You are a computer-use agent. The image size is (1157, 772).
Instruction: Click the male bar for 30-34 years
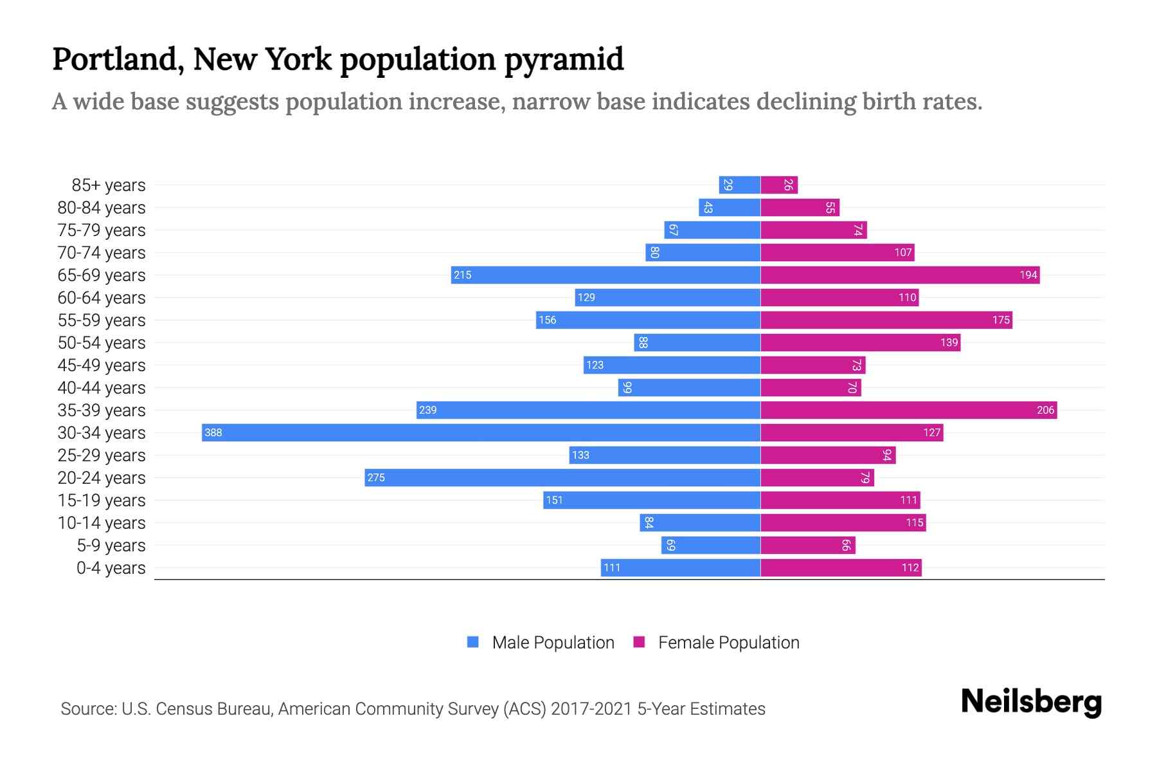tap(481, 432)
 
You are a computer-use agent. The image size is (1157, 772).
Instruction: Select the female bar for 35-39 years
tap(908, 410)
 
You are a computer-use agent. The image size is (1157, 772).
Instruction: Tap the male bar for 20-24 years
tap(562, 477)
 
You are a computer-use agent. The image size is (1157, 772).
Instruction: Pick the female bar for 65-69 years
tap(900, 275)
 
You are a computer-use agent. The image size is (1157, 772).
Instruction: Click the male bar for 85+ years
tap(739, 185)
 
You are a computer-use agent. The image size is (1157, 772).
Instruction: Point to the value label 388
tap(213, 433)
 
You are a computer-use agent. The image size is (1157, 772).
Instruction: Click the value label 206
tap(1045, 410)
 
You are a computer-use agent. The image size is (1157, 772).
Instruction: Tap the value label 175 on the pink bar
tap(1001, 320)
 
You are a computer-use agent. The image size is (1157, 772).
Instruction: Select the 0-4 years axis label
tap(111, 568)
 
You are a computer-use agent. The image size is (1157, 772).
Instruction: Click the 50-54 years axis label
tap(102, 343)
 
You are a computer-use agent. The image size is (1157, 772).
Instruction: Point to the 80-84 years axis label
tap(102, 208)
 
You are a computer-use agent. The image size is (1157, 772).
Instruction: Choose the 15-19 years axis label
tap(102, 501)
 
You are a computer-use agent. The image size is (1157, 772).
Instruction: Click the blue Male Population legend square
tap(473, 642)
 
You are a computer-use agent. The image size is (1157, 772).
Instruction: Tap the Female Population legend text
tap(728, 643)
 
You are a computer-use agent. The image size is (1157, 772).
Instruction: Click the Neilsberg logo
tap(1031, 702)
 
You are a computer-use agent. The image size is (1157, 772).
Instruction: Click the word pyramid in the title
tap(564, 60)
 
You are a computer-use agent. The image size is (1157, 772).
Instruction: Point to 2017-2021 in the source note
tap(591, 709)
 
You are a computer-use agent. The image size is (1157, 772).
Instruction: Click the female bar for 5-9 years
tap(808, 545)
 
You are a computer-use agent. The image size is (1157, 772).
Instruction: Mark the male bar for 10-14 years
tap(700, 522)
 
